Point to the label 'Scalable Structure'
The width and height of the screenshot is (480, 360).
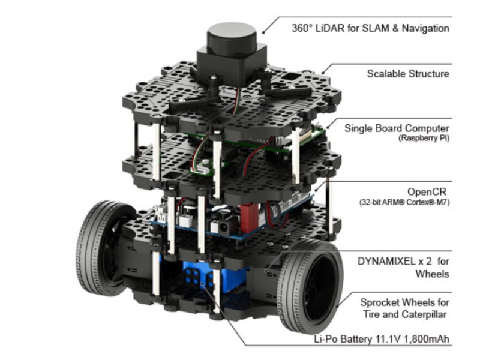(408, 74)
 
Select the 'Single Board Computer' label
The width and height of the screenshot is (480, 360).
(397, 128)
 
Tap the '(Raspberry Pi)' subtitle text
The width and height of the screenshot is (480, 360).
(424, 139)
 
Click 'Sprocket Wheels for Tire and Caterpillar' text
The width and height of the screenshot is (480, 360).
(404, 308)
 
